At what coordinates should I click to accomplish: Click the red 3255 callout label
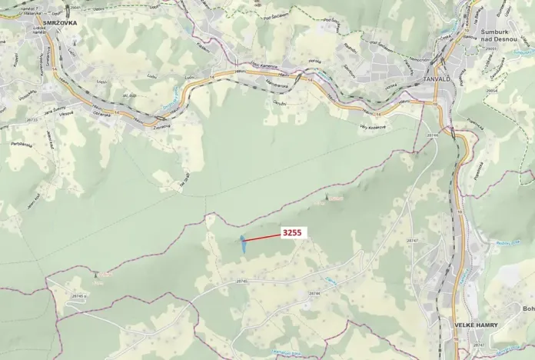coord(292,232)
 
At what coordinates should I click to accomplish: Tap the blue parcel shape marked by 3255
coord(242,245)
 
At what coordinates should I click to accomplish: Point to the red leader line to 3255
coord(262,238)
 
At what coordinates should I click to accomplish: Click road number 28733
coord(32,120)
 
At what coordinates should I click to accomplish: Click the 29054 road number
coord(492,91)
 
